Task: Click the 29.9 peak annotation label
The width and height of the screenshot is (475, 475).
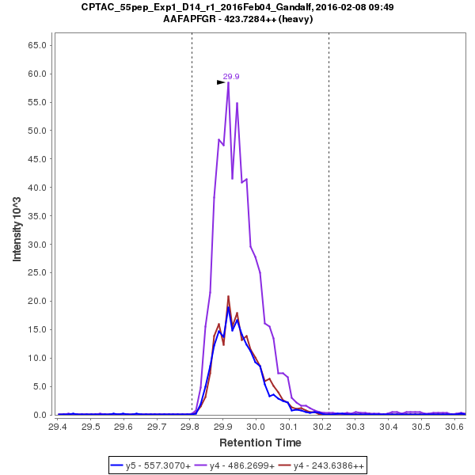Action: (231, 77)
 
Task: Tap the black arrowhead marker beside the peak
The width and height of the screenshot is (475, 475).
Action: (221, 82)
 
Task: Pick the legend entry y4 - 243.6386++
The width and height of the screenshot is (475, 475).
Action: (326, 465)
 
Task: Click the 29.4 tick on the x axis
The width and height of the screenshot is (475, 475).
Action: (58, 427)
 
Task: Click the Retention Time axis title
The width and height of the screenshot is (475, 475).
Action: (260, 442)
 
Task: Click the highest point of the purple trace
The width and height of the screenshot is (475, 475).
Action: (228, 82)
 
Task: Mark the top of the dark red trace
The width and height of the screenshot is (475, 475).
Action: (228, 297)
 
